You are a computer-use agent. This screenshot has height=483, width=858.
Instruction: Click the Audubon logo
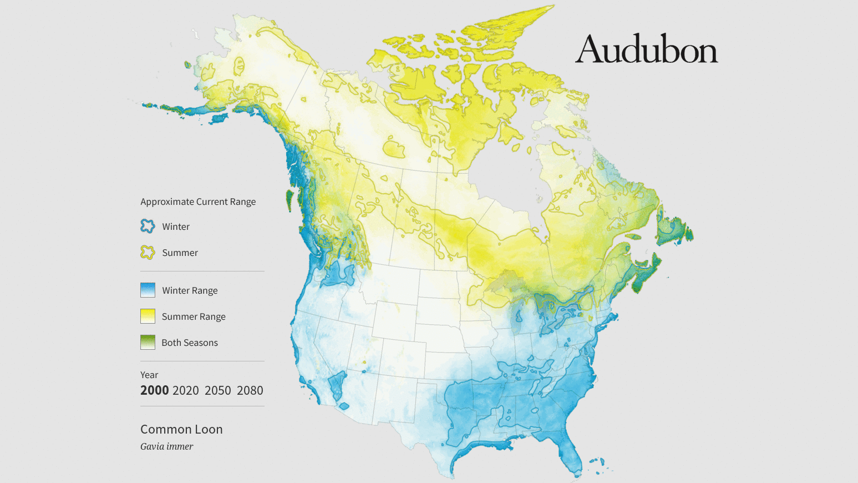pos(646,49)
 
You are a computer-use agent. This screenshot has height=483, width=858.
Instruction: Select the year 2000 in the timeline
pos(154,390)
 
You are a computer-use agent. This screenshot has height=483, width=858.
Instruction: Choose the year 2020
pos(185,390)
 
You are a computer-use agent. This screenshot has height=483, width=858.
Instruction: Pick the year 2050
pos(217,390)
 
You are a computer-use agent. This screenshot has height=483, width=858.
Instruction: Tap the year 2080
pos(250,390)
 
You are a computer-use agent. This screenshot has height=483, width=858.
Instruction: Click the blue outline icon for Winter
pos(148,226)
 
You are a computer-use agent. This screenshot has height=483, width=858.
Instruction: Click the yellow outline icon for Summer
pos(148,253)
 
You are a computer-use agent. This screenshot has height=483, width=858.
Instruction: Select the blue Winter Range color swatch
pos(148,290)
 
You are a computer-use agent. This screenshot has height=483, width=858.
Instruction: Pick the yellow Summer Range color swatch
pos(148,316)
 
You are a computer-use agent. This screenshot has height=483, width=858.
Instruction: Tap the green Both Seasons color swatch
pos(148,342)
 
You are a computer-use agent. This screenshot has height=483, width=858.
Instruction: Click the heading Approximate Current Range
pos(198,202)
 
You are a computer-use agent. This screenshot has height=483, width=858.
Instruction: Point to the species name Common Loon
pos(181,429)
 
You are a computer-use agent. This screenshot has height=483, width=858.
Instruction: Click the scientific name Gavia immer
pos(166,446)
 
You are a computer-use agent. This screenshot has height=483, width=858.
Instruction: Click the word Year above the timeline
pos(149,375)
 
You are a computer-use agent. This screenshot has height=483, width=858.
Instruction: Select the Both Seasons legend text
pos(190,343)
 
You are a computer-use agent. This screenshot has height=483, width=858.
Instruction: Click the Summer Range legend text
pos(194,316)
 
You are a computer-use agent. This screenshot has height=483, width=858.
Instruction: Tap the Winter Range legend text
pos(190,290)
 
